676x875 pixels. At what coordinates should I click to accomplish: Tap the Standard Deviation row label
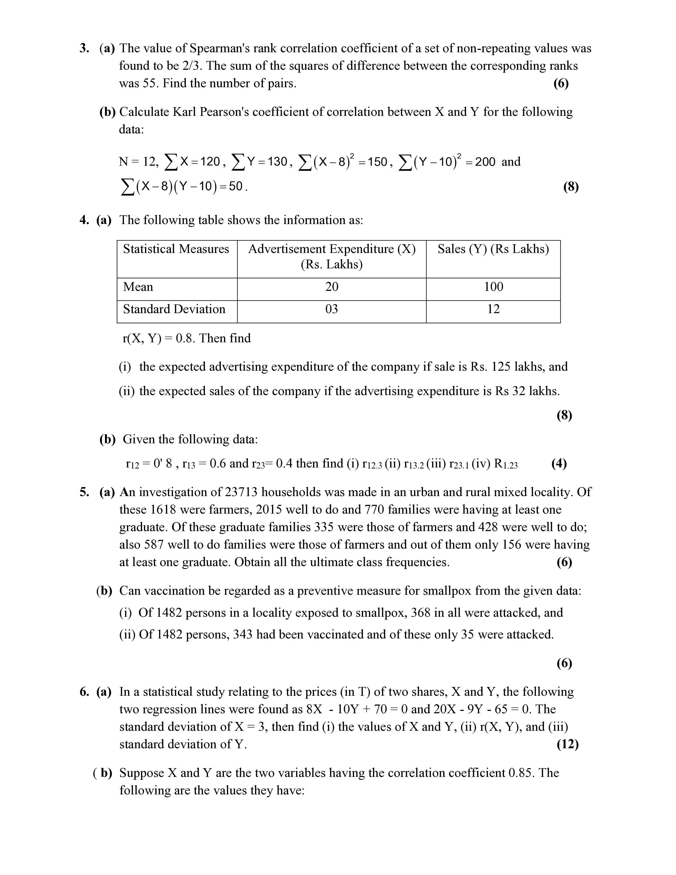[174, 309]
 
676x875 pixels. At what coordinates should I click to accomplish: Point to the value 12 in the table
[493, 309]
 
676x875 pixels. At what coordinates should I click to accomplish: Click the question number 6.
[84, 692]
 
